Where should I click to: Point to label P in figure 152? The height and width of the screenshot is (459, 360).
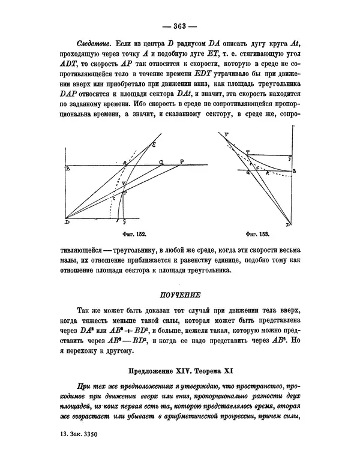(x=182, y=160)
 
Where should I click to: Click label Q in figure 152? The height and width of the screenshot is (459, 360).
(x=161, y=161)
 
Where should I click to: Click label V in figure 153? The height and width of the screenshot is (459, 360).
(x=226, y=136)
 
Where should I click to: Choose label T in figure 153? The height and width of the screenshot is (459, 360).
(x=248, y=152)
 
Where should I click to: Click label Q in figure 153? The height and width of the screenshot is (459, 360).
(x=248, y=172)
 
